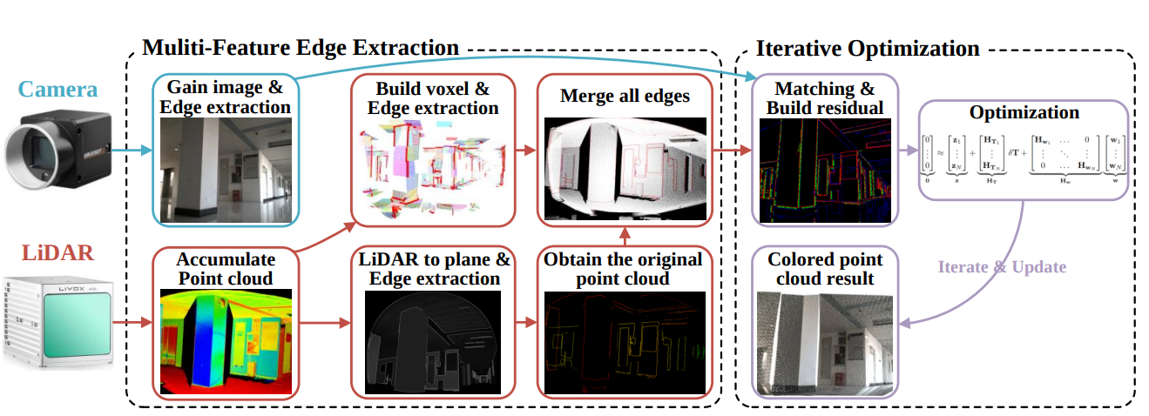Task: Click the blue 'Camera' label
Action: (x=58, y=90)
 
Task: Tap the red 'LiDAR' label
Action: (x=57, y=254)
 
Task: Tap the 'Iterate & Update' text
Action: (x=1002, y=266)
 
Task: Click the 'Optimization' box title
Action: (x=1024, y=112)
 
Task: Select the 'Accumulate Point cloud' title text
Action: (x=226, y=268)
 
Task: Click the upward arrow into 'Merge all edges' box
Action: (x=625, y=236)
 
